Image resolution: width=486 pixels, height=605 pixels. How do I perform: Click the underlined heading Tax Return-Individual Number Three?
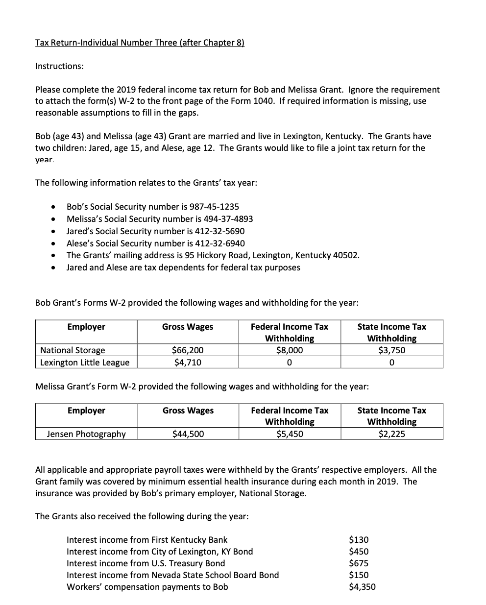[140, 43]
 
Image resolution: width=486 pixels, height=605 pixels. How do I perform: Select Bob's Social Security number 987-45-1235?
[214, 207]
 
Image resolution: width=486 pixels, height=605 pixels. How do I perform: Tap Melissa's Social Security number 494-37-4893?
[228, 219]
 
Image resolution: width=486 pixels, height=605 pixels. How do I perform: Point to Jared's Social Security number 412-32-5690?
[220, 231]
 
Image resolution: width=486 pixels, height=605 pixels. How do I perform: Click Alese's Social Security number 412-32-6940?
[220, 243]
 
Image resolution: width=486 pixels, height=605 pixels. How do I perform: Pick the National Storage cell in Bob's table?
[73, 350]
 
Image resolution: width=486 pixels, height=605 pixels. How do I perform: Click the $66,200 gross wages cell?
[188, 350]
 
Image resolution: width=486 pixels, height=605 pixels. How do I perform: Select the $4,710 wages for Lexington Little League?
[188, 363]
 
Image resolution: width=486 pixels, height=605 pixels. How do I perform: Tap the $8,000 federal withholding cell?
[289, 350]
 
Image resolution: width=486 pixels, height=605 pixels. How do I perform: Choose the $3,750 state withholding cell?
[391, 350]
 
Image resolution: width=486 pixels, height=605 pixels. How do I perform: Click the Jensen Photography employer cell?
[86, 434]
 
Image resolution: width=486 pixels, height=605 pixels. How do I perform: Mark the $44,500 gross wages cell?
[188, 434]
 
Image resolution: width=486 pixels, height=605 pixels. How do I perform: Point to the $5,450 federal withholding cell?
[289, 434]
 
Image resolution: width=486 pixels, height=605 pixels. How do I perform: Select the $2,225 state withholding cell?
[391, 434]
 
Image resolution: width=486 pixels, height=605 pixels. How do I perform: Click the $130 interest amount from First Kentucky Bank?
[358, 540]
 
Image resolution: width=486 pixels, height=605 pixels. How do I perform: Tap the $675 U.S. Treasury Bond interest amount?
[358, 563]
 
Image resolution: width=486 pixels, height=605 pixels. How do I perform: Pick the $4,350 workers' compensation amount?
[362, 587]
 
